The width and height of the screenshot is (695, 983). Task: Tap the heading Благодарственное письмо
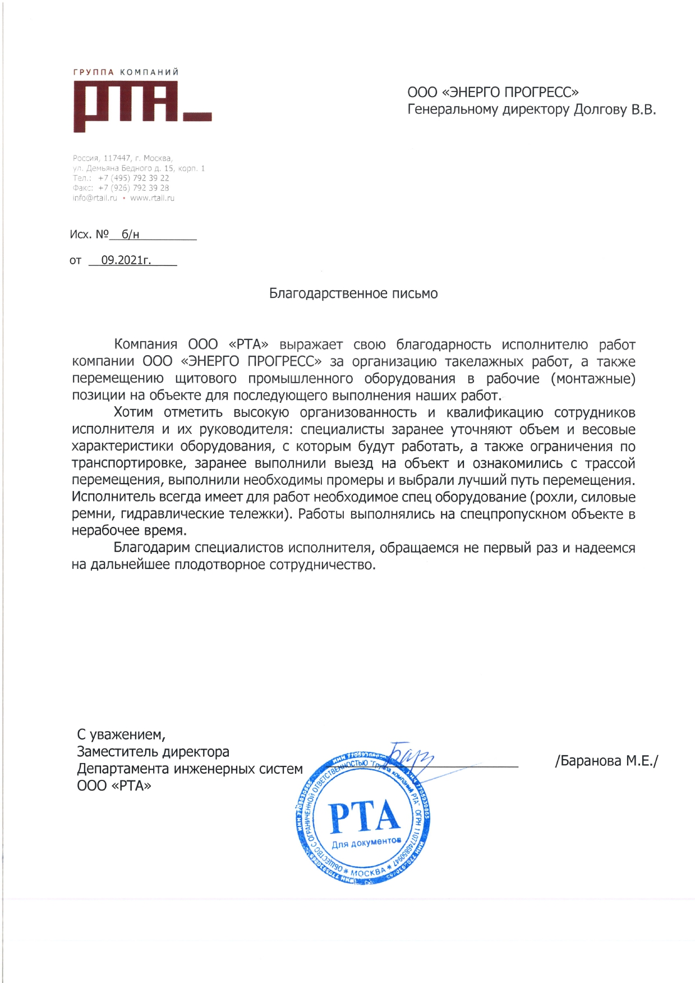[353, 293]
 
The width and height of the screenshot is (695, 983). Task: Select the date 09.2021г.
[126, 260]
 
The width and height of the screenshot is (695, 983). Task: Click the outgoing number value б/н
[130, 235]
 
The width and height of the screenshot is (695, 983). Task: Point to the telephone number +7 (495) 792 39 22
[134, 178]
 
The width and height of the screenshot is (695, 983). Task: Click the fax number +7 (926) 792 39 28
[134, 188]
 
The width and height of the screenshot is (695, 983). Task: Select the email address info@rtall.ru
[95, 198]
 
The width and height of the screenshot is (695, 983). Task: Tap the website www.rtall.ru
[152, 198]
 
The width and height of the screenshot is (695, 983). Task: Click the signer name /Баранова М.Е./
[606, 761]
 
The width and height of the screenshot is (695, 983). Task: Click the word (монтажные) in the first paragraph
[593, 379]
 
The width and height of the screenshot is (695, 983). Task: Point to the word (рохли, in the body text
[553, 497]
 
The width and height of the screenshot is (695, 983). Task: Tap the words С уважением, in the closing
[121, 734]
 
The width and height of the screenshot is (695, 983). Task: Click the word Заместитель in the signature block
[117, 752]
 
